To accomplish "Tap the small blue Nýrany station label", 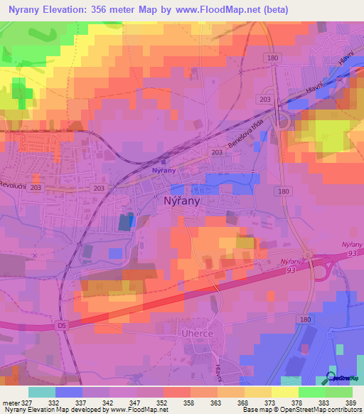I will click(x=164, y=171).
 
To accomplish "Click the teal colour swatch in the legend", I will click(x=42, y=392).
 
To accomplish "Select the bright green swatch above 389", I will click(x=340, y=392).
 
